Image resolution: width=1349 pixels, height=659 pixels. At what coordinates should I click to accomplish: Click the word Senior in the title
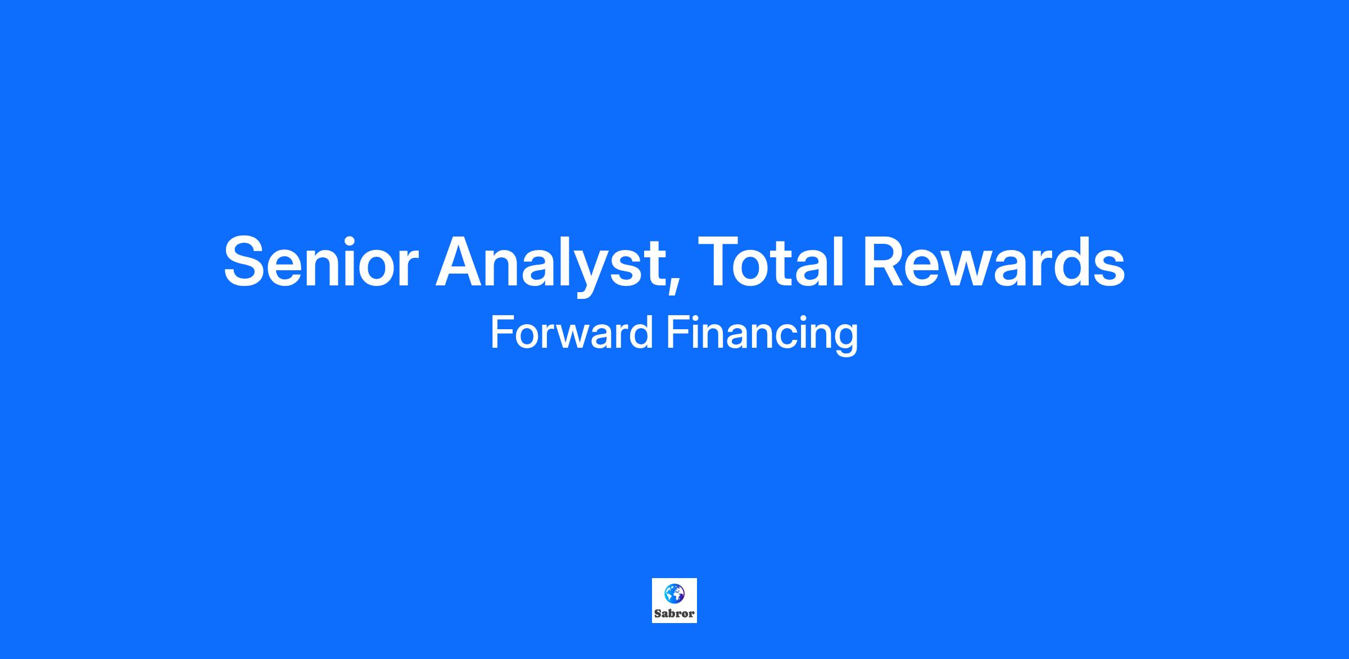click(x=321, y=262)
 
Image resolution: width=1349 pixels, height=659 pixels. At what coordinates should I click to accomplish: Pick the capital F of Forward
click(x=502, y=333)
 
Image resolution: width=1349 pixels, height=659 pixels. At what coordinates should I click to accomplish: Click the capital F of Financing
click(x=678, y=333)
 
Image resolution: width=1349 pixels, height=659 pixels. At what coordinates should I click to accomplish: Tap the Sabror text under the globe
click(x=674, y=613)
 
